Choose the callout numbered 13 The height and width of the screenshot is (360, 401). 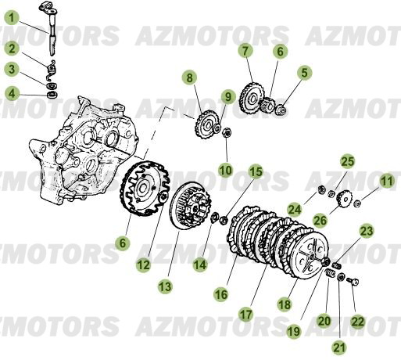click(166, 287)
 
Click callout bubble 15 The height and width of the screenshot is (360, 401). click(256, 172)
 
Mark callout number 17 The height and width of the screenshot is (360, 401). click(246, 314)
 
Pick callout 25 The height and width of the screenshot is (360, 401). click(347, 161)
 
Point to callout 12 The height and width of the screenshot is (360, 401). click(142, 265)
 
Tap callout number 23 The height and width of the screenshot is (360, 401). click(367, 231)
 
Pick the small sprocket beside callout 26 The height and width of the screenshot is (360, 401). click(342, 200)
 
